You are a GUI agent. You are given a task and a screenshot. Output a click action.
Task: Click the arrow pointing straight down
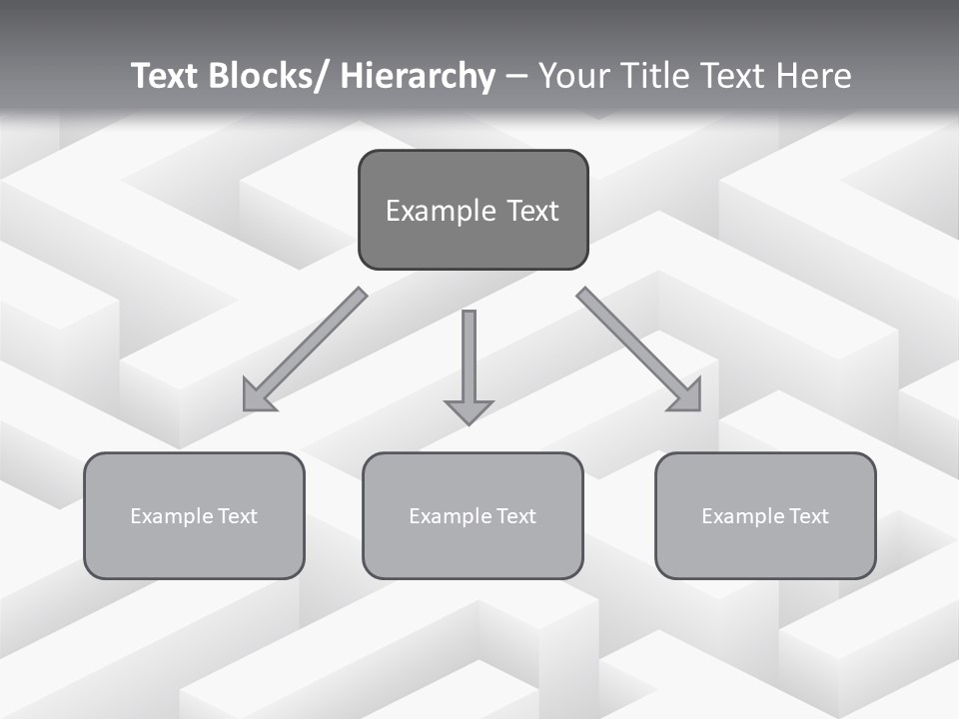pyautogui.click(x=469, y=359)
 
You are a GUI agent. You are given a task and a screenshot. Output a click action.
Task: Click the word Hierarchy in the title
pyautogui.click(x=418, y=76)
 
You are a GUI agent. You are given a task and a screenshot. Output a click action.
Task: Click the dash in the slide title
pyautogui.click(x=514, y=77)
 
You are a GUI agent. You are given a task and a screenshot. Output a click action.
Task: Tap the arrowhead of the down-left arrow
pyautogui.click(x=256, y=398)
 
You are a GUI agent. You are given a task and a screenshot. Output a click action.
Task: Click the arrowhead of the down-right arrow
pyautogui.click(x=688, y=397)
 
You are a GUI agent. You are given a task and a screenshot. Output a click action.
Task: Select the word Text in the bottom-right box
pyautogui.click(x=807, y=516)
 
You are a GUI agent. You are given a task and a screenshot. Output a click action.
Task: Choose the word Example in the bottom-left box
pyautogui.click(x=172, y=516)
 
